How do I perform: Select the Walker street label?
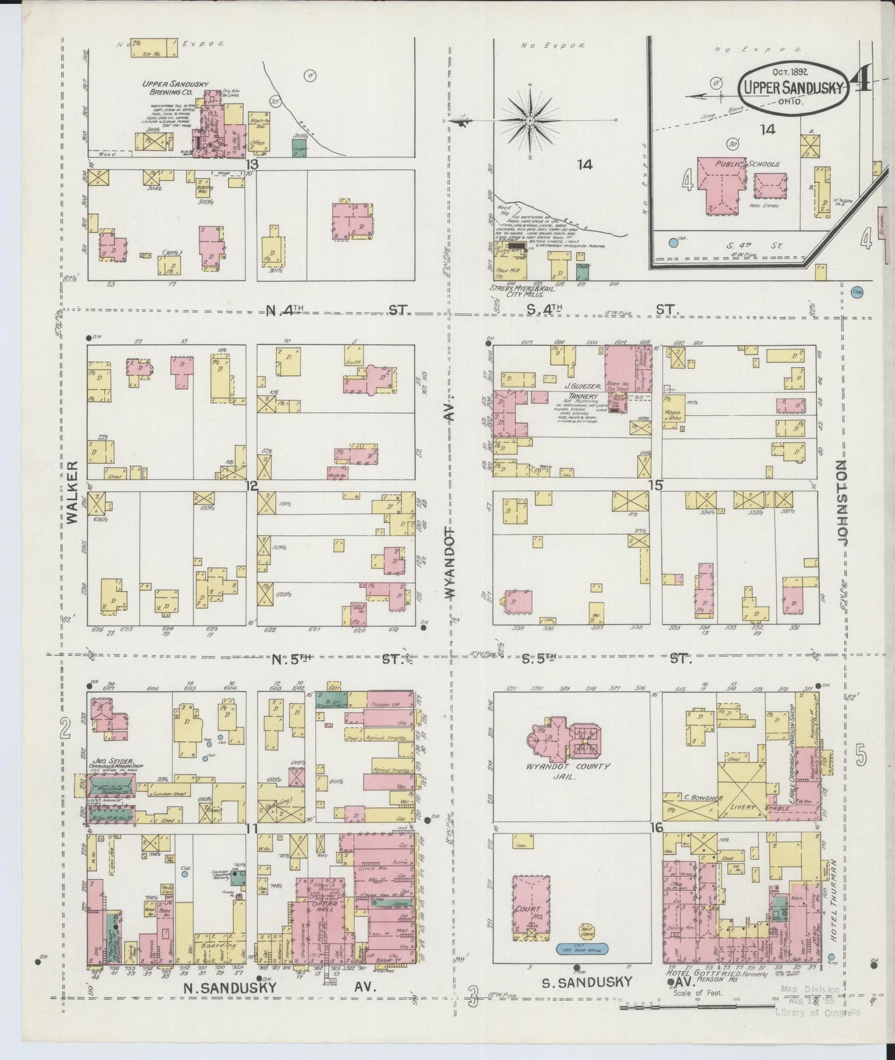(72, 493)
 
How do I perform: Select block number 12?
(251, 486)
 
